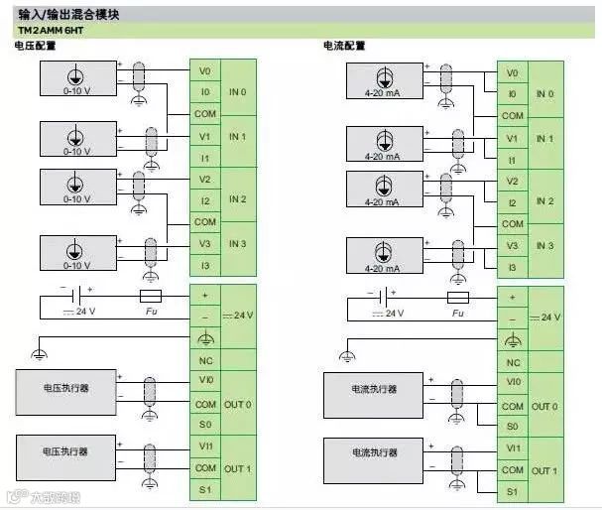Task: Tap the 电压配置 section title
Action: click(x=35, y=47)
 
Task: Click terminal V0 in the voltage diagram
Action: click(x=204, y=71)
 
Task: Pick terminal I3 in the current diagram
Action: click(x=512, y=268)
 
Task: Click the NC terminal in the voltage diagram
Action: click(x=205, y=360)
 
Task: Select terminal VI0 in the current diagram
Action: click(x=513, y=382)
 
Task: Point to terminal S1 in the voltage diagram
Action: click(x=205, y=490)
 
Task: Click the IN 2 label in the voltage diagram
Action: click(x=237, y=200)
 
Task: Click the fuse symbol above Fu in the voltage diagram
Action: click(x=150, y=297)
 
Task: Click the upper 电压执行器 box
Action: click(x=65, y=389)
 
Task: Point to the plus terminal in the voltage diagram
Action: click(x=205, y=296)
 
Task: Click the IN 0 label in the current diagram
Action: click(x=544, y=94)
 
